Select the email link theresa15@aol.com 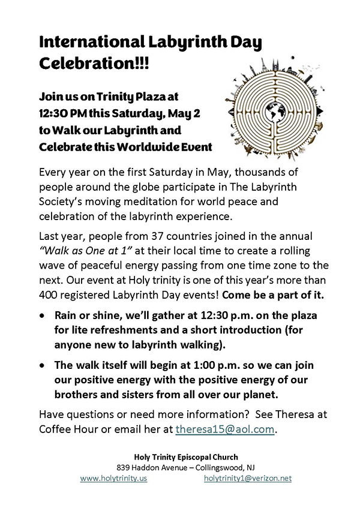click(226, 429)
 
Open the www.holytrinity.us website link click(113, 478)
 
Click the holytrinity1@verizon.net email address click(248, 478)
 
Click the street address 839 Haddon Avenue click(150, 467)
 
